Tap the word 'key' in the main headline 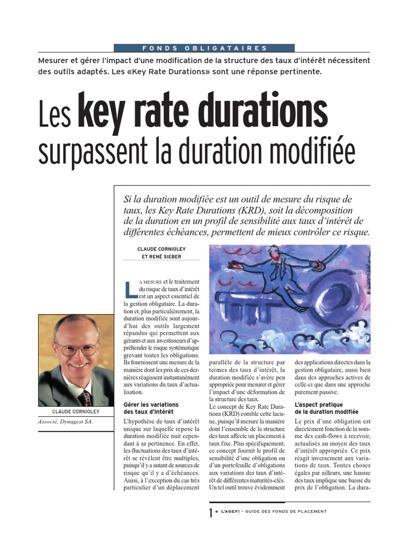tap(99, 111)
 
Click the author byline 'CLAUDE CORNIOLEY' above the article tap(161, 248)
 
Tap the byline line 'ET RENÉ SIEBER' tap(161, 256)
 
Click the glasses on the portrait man tap(78, 349)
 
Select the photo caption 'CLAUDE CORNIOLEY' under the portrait tap(76, 411)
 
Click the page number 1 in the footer tap(211, 512)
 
